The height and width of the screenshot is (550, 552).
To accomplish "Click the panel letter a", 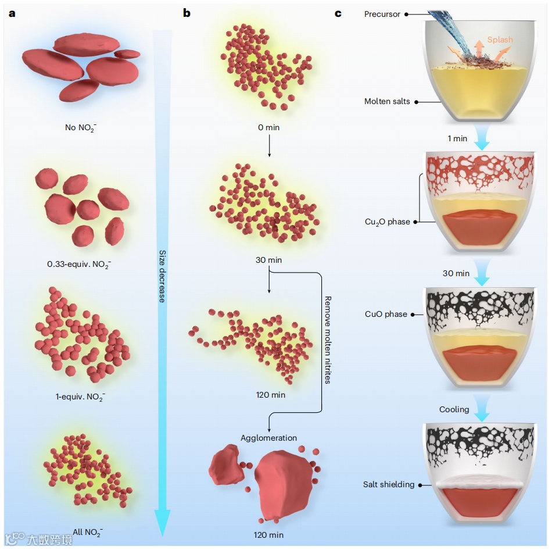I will point(12,12).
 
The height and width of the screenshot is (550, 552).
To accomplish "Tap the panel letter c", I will point(338,12).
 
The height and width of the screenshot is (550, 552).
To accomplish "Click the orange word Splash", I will point(500,40).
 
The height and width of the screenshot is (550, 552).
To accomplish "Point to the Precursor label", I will point(382,14).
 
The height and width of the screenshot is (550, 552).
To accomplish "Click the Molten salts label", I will point(387,101).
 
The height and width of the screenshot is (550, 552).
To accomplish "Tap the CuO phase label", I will point(386,314).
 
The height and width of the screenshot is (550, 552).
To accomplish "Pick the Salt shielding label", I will point(389,484).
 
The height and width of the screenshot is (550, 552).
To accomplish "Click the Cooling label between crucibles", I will point(454,409).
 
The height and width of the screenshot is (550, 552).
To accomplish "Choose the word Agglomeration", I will point(269,438).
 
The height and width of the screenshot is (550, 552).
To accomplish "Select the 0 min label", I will point(269,127).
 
